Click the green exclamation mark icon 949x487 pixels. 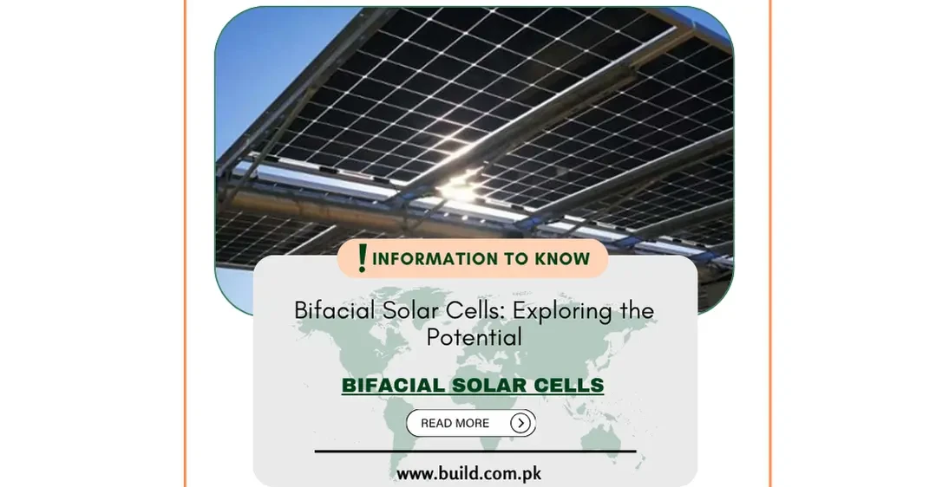pyautogui.click(x=363, y=257)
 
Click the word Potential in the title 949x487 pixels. pyautogui.click(x=474, y=337)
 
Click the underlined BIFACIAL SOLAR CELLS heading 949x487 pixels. pyautogui.click(x=473, y=386)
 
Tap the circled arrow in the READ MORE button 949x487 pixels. pyautogui.click(x=520, y=423)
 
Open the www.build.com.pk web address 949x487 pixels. pyautogui.click(x=469, y=474)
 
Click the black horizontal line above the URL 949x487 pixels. pyautogui.click(x=474, y=451)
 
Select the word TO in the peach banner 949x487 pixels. pyautogui.click(x=509, y=258)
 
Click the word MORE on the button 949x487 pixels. pyautogui.click(x=473, y=423)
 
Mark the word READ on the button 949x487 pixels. pyautogui.click(x=436, y=423)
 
